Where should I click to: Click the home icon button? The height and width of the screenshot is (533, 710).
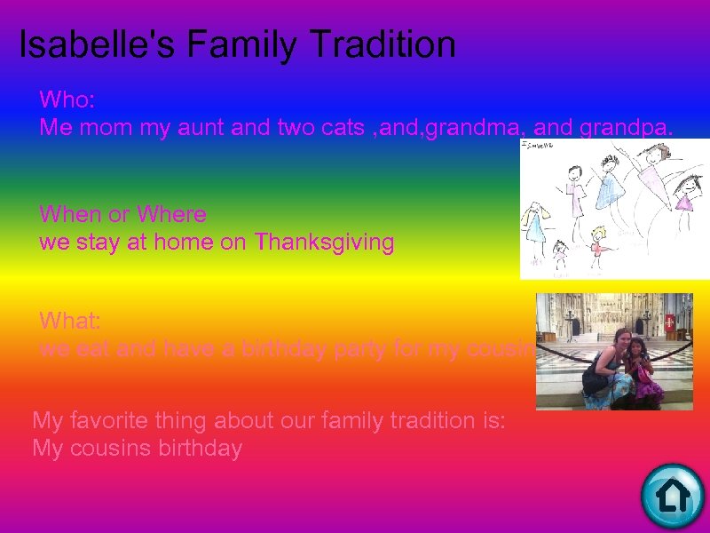point(672,495)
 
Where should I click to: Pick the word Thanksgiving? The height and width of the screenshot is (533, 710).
point(324,243)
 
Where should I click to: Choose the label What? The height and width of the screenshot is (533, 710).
point(70,320)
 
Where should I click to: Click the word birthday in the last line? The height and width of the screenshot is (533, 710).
point(201,449)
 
